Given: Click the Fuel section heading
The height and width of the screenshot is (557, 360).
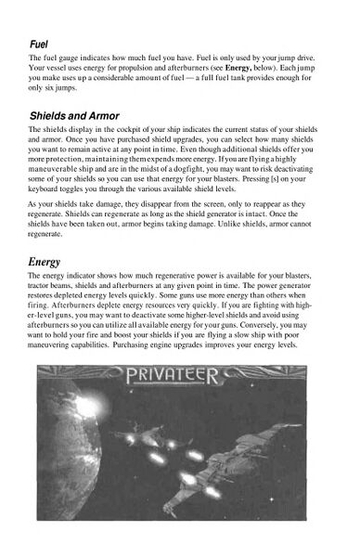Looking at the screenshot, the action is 40,43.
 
